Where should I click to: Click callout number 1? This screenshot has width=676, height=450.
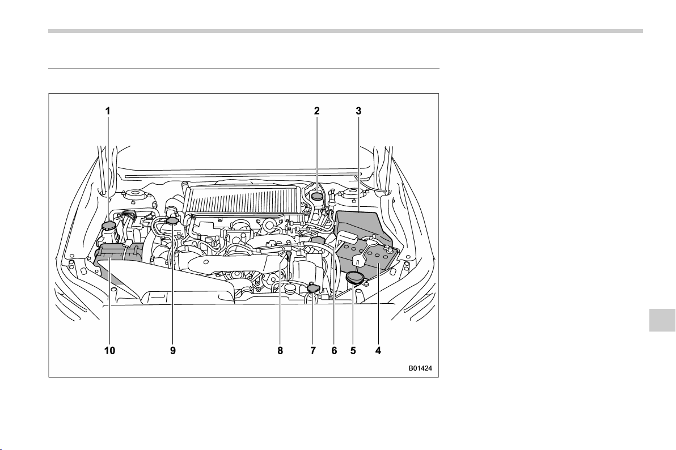[108, 111]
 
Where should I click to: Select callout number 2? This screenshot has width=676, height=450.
[317, 111]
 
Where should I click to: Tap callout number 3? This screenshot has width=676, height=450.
[358, 111]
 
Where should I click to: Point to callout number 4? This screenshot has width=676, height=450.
[378, 350]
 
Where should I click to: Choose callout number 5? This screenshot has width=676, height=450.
[353, 350]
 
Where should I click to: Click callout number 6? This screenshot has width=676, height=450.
[334, 350]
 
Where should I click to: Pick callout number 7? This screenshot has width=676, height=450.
[313, 350]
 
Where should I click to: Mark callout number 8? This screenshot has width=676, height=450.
[280, 350]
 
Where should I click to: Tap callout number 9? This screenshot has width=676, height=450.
[173, 350]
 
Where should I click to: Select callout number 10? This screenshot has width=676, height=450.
[109, 350]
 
